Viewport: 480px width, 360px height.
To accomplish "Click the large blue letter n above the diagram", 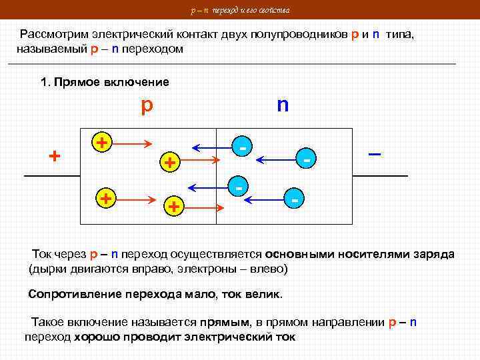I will [x=283, y=105].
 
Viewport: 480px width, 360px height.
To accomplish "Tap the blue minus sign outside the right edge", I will [x=375, y=154].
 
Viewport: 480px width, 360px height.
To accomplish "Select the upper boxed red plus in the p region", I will [x=102, y=141].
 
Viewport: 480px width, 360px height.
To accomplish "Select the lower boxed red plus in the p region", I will [x=105, y=199].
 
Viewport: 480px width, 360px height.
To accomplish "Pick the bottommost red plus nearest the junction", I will [x=173, y=207].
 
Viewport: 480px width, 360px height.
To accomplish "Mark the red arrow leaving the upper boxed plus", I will [x=135, y=143].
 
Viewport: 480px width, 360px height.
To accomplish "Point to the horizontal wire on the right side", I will [x=380, y=175].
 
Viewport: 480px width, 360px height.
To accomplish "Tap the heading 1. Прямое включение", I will [x=105, y=82].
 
